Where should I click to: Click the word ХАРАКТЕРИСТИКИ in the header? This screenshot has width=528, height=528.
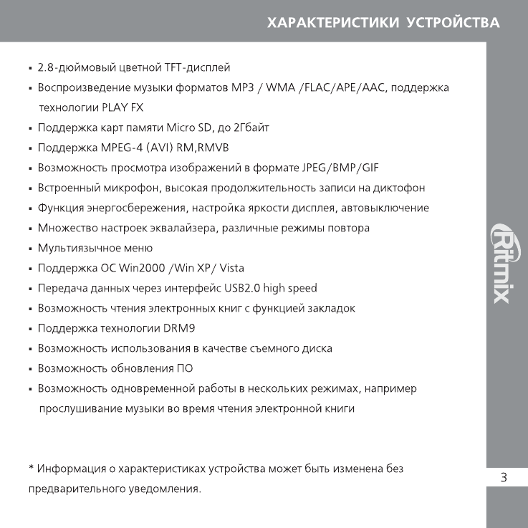coord(332,23)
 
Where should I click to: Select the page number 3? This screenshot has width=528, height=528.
coord(504,478)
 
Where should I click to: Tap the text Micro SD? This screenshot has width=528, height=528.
coord(187,128)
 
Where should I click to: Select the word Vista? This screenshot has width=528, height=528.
coord(231,268)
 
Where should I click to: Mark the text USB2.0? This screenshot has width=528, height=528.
coord(243,288)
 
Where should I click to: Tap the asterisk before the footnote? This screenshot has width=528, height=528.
coord(32,468)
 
